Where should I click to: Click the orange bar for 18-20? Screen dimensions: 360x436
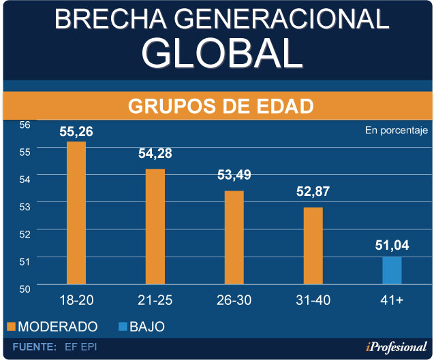click(x=76, y=212)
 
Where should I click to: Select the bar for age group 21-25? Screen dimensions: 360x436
click(x=155, y=226)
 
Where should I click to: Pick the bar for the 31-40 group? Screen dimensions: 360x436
click(x=313, y=245)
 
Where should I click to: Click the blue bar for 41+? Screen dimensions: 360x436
click(x=392, y=270)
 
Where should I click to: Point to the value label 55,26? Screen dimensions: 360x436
click(x=76, y=131)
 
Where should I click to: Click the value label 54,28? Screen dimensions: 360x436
click(x=155, y=154)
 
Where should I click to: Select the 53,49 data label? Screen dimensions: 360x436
click(x=234, y=175)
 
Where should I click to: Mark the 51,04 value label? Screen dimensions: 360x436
click(x=392, y=246)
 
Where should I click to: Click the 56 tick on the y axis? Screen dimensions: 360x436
click(x=25, y=125)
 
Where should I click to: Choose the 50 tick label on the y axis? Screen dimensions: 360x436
click(x=25, y=289)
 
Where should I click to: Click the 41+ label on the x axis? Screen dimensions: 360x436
click(x=392, y=300)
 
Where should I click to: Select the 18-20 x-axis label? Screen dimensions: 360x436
click(x=76, y=300)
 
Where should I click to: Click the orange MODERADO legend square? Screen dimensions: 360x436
click(x=10, y=327)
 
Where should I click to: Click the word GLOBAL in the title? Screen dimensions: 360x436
click(x=221, y=52)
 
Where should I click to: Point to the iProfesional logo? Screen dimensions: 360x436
click(x=389, y=346)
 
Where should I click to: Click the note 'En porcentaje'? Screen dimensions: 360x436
click(x=395, y=130)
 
